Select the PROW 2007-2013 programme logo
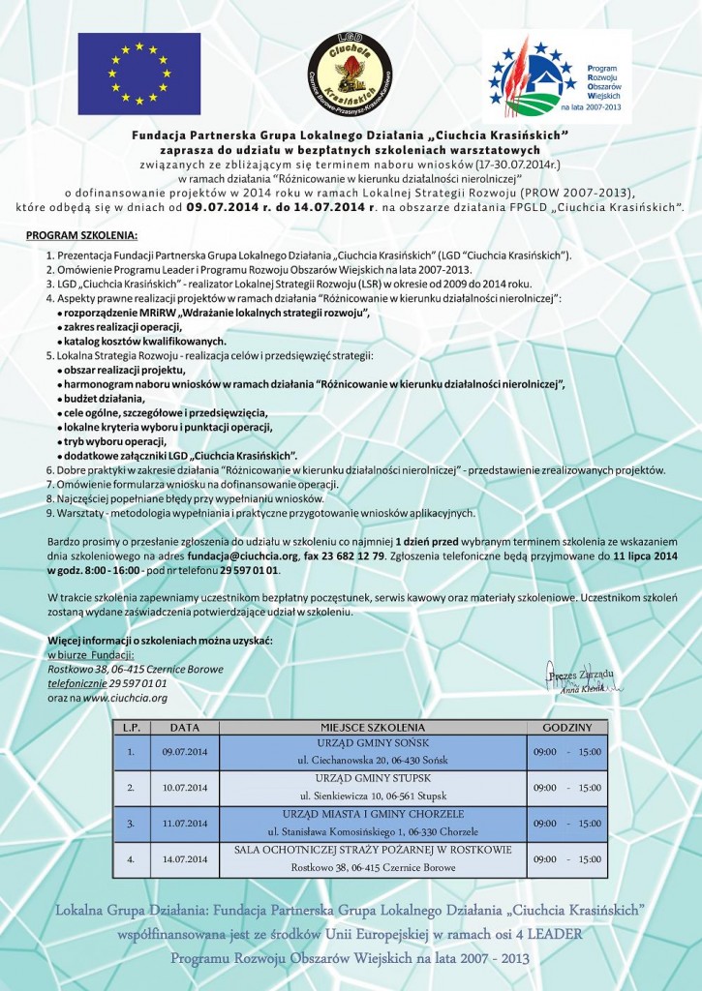(557, 76)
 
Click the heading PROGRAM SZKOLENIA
(82, 236)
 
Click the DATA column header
(185, 727)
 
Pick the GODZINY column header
(566, 727)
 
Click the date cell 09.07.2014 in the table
(185, 751)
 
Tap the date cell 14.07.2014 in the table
(185, 858)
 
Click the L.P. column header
(131, 727)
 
